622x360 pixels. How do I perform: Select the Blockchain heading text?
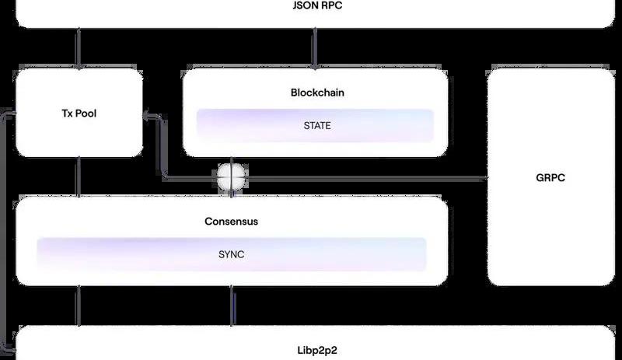coord(317,93)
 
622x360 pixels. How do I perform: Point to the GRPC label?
coord(550,177)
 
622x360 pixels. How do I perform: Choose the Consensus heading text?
coord(231,222)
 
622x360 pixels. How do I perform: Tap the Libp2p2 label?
coord(315,345)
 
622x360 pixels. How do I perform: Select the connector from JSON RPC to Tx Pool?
coord(78,48)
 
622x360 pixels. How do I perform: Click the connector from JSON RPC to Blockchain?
coord(314,48)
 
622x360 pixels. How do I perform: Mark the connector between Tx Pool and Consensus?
coord(78,177)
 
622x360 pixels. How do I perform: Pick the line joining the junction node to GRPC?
coord(365,178)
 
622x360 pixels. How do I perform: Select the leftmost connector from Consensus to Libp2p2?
coord(78,306)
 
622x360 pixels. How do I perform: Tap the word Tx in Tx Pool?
coord(68,114)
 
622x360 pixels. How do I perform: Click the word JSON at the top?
coord(300,6)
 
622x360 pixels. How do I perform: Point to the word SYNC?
coord(231,254)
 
